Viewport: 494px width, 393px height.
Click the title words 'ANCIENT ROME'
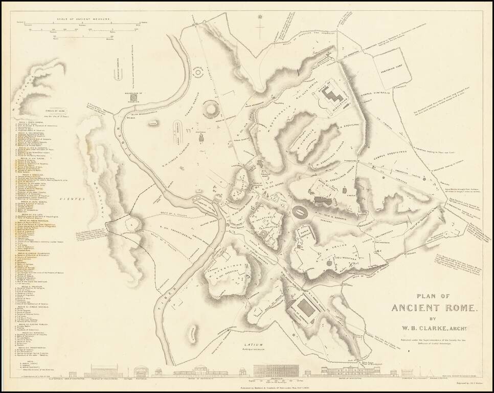pyautogui.click(x=434, y=308)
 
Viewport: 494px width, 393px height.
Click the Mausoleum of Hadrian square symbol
pyautogui.click(x=134, y=96)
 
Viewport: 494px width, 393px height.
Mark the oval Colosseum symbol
pyautogui.click(x=301, y=211)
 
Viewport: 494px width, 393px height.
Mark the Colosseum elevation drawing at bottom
pyautogui.click(x=276, y=371)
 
